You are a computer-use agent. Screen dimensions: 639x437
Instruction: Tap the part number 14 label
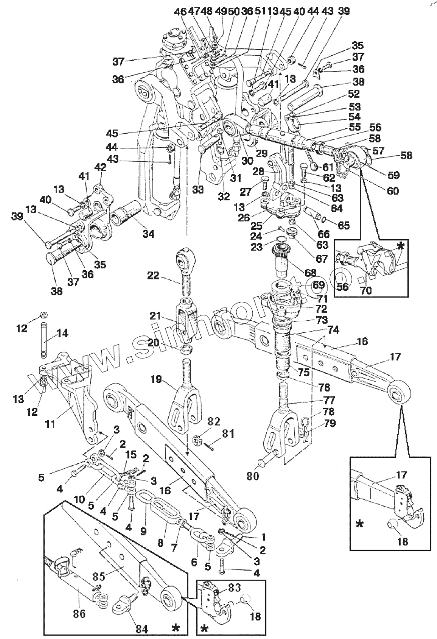[62, 334]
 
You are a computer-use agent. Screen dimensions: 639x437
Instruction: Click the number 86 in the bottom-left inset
[79, 613]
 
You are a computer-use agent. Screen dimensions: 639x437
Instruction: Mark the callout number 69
[318, 285]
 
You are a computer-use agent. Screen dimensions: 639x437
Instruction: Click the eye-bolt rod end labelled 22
[185, 265]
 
